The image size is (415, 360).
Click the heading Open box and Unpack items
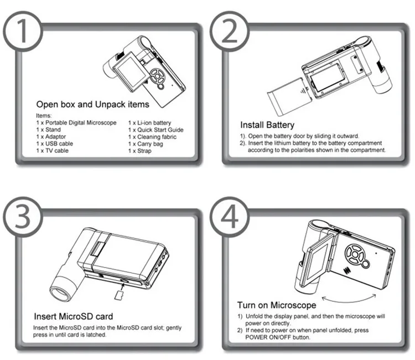(x=92, y=104)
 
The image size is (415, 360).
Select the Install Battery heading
(x=267, y=125)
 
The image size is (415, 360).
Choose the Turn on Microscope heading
(x=277, y=305)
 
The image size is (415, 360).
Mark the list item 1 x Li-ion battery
(x=149, y=122)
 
